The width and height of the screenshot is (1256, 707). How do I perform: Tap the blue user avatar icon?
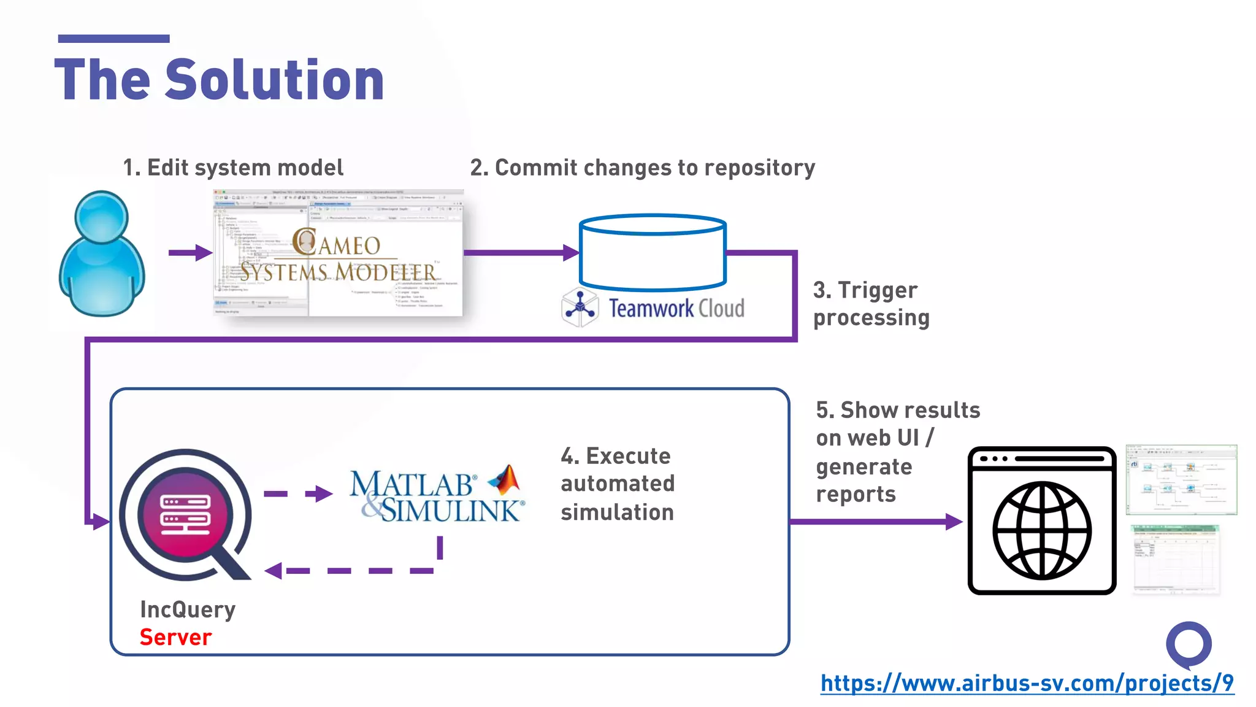pyautogui.click(x=102, y=253)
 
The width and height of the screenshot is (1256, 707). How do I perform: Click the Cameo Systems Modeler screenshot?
pyautogui.click(x=339, y=253)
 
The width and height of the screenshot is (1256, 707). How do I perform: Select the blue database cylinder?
pyautogui.click(x=653, y=252)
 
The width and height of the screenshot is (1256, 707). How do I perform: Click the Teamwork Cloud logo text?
pyautogui.click(x=676, y=308)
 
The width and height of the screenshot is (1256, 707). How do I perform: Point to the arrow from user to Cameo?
pyautogui.click(x=190, y=252)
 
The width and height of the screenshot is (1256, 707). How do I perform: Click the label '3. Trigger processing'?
pyautogui.click(x=871, y=304)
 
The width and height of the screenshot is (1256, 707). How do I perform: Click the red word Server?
pyautogui.click(x=175, y=637)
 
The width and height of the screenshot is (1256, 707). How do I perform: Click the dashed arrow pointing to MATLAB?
pyautogui.click(x=299, y=493)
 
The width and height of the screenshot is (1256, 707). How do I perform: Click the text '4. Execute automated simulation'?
pyautogui.click(x=617, y=484)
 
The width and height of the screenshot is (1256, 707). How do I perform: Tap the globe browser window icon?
pyautogui.click(x=1041, y=520)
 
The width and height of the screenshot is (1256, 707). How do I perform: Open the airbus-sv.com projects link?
pyautogui.click(x=1027, y=682)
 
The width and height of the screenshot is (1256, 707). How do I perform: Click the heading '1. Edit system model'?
pyautogui.click(x=233, y=168)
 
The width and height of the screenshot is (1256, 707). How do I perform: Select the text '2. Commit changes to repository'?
pyautogui.click(x=642, y=168)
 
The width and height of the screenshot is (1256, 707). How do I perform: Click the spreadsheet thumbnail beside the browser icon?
pyautogui.click(x=1174, y=559)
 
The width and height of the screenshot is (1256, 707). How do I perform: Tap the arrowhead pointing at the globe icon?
pyautogui.click(x=953, y=522)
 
